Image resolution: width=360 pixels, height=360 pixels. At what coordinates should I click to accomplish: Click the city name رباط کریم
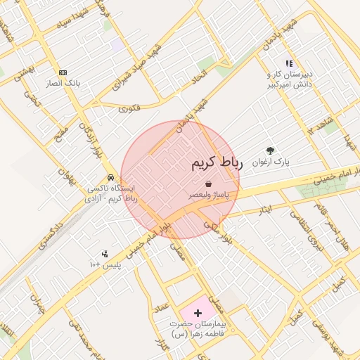(x=217, y=163)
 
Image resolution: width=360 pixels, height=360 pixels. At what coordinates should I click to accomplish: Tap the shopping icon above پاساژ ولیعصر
(x=210, y=184)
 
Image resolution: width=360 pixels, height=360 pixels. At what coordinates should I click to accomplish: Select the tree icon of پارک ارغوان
(x=271, y=150)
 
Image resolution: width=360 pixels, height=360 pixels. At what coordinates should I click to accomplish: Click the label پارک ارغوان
(x=271, y=162)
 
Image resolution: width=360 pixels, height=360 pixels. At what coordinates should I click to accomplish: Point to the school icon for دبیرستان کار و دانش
(x=289, y=63)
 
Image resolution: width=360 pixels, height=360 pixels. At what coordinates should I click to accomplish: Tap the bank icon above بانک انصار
(x=63, y=72)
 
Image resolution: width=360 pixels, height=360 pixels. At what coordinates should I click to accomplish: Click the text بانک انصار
(x=63, y=83)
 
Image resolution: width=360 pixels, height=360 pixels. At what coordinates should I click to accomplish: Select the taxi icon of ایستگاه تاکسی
(x=110, y=178)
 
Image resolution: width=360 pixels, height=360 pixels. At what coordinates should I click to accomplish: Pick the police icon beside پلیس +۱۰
(x=105, y=254)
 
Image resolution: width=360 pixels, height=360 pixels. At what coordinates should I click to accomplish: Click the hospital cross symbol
(x=197, y=311)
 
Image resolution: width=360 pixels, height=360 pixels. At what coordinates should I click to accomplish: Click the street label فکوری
(x=129, y=108)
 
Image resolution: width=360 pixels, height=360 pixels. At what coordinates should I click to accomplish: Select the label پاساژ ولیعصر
(x=210, y=193)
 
